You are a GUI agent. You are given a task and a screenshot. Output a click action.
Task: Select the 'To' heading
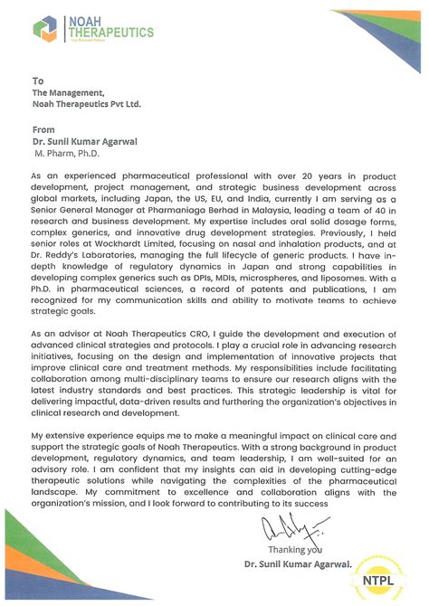[x=37, y=80]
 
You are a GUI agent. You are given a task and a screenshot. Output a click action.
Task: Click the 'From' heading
[x=43, y=129]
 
